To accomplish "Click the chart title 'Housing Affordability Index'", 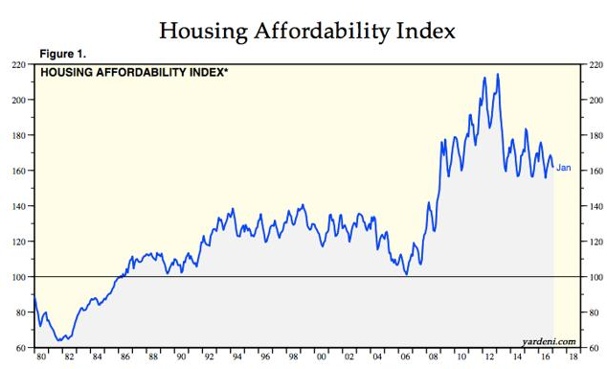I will coord(303,30).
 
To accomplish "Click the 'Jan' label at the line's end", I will coord(564,168).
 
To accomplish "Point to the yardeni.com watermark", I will coord(548,339).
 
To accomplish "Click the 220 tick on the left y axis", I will coord(18,64).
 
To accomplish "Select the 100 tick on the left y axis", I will coord(18,277).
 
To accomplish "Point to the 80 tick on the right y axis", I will coord(595,312).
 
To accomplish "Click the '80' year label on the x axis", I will coord(41,357).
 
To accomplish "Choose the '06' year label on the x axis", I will coord(406,357).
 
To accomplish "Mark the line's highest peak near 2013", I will coord(496,74).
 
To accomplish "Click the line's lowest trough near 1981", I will coord(61,339).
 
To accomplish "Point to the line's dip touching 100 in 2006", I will coord(407,275).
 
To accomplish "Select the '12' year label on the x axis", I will coord(491,357).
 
